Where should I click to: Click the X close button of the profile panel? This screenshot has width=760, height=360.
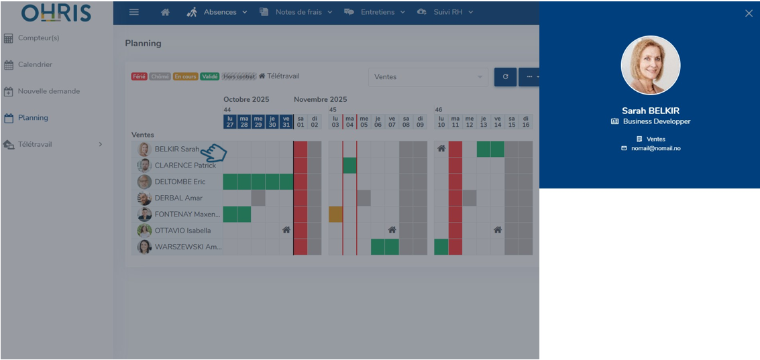coord(749,13)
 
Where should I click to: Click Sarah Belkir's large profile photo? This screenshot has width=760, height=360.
coord(650,66)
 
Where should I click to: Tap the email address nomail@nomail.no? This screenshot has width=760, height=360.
coord(655,148)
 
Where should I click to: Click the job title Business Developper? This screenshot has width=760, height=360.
coord(656,121)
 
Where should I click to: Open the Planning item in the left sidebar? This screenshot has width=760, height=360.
coord(33,118)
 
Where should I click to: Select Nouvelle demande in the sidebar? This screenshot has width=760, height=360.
coord(48,91)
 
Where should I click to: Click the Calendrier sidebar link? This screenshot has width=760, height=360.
coord(35,65)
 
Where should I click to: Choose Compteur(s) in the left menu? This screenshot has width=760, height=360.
coord(38,38)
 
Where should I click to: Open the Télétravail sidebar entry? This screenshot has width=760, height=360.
coord(35,144)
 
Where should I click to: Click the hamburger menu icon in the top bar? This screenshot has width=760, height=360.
coord(134,12)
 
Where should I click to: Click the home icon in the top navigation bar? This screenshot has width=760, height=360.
coord(165,12)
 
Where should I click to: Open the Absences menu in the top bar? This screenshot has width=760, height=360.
coord(219,12)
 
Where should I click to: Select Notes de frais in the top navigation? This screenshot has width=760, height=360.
coord(298,12)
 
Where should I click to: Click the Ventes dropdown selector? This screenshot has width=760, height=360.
coord(428,77)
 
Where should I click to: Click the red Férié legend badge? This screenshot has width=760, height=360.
coord(139,76)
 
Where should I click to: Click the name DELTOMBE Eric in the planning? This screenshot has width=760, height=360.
coord(180,182)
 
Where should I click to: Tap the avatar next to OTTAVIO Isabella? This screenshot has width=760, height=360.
coord(144,231)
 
